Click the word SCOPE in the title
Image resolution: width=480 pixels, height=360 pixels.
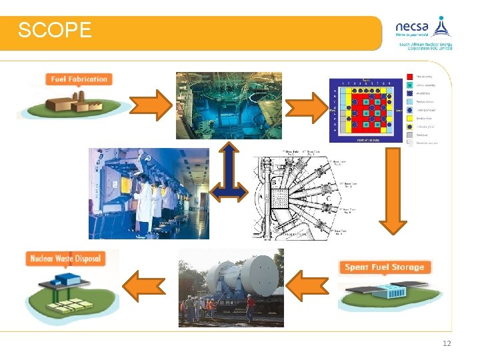(x=55, y=31)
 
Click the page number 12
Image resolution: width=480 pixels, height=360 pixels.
(x=447, y=343)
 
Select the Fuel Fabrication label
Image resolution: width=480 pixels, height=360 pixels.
(x=79, y=79)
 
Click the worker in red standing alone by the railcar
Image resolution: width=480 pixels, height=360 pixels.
(x=251, y=308)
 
